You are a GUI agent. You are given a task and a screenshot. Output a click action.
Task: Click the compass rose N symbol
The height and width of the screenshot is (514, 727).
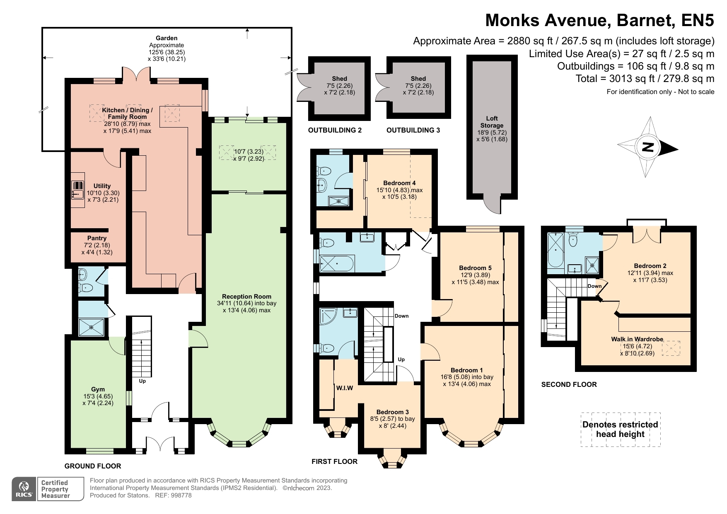click(x=647, y=147)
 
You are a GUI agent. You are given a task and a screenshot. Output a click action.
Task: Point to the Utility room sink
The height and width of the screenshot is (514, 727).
click(x=77, y=190)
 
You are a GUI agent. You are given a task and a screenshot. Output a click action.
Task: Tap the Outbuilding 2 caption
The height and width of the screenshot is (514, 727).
click(x=335, y=130)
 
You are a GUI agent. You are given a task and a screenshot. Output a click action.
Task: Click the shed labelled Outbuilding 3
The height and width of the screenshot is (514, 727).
click(x=418, y=87)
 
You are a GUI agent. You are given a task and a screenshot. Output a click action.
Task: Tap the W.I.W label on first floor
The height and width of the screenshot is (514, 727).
click(x=345, y=388)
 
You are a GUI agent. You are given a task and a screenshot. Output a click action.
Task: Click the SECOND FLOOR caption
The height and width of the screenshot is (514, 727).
click(x=569, y=384)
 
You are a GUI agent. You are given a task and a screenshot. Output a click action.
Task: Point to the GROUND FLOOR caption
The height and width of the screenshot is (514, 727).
click(x=93, y=466)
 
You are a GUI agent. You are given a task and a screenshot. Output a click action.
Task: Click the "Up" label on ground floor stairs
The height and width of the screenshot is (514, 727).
click(x=142, y=381)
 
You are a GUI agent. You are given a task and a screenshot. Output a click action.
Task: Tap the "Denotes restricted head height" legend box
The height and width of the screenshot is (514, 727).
click(x=621, y=430)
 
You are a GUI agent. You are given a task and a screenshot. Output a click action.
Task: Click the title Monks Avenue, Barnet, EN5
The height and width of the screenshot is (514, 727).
click(x=600, y=20)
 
